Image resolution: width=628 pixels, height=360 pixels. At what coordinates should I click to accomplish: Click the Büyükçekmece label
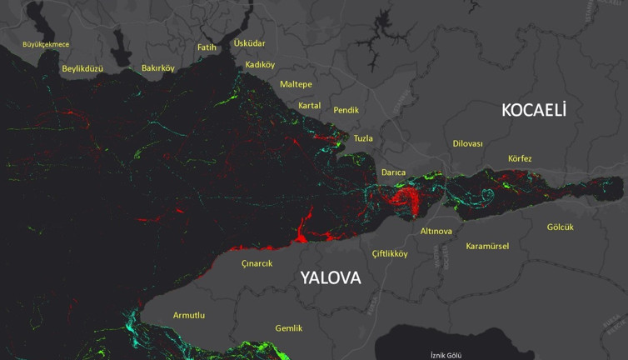pos(46,43)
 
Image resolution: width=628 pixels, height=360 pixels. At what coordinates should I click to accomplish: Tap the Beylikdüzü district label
pos(82,68)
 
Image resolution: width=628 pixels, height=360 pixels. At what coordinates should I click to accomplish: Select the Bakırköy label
pos(158,68)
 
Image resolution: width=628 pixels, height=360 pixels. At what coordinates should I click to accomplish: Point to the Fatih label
pos(207,47)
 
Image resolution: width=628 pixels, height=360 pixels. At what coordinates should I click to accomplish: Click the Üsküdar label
pos(249,42)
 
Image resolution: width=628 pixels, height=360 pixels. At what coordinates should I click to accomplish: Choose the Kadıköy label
pos(260,65)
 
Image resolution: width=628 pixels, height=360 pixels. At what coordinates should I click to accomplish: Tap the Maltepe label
pos(296,85)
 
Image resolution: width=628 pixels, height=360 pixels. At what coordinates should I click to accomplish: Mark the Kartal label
pos(309,106)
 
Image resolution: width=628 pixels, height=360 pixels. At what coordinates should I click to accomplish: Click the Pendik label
pos(346,110)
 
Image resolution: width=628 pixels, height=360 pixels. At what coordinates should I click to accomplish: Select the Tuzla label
pos(363,138)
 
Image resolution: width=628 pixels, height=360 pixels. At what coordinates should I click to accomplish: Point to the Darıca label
pos(393,172)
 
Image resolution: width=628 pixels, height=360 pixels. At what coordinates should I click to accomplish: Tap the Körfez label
pos(520,158)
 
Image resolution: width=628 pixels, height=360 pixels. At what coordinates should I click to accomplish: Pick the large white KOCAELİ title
pos(533,109)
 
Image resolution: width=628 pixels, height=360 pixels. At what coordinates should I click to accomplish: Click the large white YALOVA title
pos(331,277)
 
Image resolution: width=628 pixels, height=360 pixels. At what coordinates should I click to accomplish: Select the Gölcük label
pos(561,227)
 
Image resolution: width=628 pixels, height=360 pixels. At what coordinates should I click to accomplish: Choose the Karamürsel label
pos(487,246)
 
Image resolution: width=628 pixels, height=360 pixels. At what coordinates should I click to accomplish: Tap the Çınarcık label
pos(257,263)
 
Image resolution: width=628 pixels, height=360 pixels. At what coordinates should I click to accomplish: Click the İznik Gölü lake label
pos(446,355)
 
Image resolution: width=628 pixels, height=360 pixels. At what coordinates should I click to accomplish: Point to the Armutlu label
pos(188,315)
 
